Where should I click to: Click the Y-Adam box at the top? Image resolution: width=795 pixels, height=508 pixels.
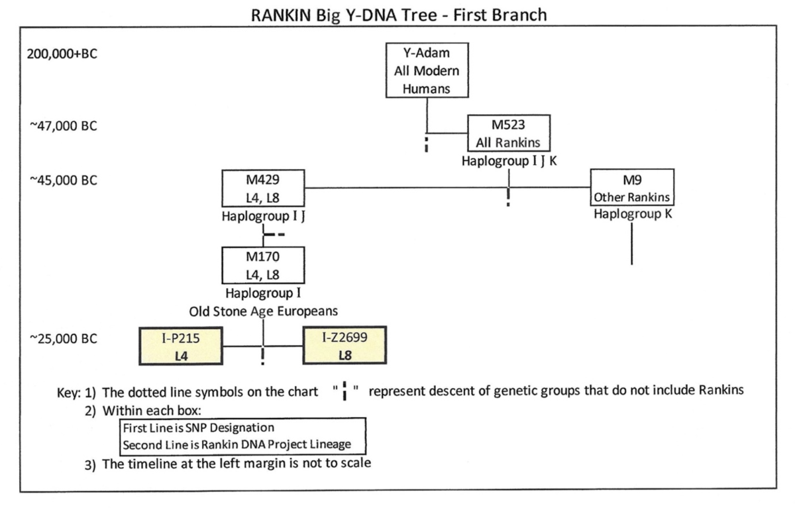[x=427, y=71]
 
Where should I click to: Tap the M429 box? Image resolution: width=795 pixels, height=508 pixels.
[x=263, y=187]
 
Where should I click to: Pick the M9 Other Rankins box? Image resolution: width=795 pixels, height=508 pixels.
[x=631, y=188]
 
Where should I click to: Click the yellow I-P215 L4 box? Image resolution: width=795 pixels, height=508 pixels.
[x=180, y=346]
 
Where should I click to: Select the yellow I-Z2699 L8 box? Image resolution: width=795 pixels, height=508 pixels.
[x=344, y=346]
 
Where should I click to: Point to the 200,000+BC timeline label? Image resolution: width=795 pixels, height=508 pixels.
[x=62, y=54]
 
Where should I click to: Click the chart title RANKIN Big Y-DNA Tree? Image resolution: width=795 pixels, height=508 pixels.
[x=399, y=15]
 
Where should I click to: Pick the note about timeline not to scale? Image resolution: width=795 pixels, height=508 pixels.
[x=236, y=464]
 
